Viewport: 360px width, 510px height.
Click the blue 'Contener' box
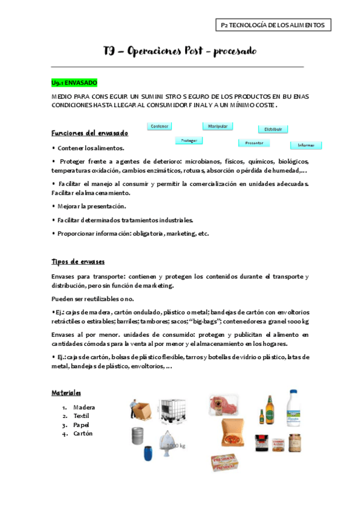point(159,126)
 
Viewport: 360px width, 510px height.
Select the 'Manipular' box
point(218,126)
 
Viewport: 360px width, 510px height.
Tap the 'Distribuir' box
point(273,129)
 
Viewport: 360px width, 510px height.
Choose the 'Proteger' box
point(189,141)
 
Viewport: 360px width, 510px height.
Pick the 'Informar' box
point(306,145)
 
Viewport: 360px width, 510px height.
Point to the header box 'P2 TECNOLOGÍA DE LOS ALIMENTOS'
point(273,25)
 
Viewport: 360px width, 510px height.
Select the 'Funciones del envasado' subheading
point(90,133)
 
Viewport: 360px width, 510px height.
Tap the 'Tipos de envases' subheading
point(78,262)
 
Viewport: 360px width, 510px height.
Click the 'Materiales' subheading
point(66,392)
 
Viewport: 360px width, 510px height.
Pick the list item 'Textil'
point(81,416)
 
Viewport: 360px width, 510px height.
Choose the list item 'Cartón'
point(83,433)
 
